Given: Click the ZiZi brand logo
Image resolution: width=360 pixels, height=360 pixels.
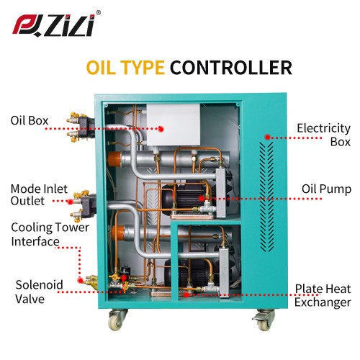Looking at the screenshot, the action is click(54, 25).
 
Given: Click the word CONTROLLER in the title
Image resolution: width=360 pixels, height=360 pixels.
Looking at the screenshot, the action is click(231, 68).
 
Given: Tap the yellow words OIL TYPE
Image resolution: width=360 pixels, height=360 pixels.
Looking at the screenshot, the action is click(125, 68).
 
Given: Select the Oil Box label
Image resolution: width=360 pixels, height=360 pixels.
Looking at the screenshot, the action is click(30, 120).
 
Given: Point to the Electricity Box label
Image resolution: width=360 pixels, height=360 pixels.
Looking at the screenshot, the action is click(323, 135).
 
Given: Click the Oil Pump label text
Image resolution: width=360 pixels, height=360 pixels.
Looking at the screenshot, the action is click(326, 189).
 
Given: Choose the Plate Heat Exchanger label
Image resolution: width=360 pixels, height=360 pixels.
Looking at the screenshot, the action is click(323, 295).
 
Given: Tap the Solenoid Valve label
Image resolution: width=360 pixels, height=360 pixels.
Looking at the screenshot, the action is click(39, 292).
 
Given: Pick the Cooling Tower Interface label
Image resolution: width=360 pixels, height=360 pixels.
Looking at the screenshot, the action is click(50, 234).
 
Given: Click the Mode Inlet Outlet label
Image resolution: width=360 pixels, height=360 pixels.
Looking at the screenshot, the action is click(39, 195).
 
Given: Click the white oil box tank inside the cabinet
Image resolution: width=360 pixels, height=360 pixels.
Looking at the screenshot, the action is click(173, 125).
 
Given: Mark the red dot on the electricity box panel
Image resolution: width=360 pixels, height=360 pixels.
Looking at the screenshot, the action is click(268, 138).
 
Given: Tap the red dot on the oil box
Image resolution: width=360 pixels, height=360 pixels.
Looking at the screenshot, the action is click(161, 129).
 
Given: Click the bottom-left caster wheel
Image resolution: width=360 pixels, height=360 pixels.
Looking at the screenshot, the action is click(116, 319).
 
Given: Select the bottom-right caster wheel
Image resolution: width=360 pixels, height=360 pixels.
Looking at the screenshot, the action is click(264, 320).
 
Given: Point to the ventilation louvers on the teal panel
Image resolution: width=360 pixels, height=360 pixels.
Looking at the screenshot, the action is click(266, 197).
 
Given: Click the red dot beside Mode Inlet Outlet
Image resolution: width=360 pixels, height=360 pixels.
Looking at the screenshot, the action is click(70, 202).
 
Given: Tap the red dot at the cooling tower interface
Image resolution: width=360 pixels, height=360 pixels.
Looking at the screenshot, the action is click(81, 280).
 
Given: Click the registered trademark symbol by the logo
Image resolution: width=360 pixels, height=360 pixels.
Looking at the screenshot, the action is click(98, 13).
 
